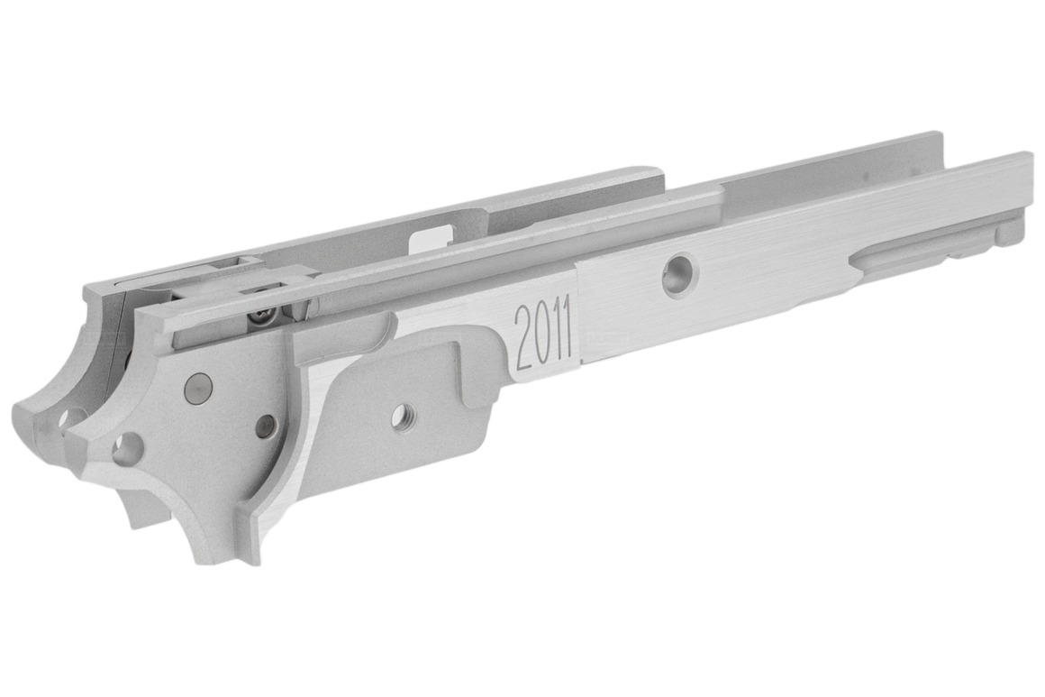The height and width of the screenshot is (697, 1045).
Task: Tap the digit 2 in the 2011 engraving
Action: click(x=522, y=339)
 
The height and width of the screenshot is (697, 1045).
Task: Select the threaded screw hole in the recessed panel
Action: click(x=403, y=417)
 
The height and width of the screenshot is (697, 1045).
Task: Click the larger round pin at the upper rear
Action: click(x=197, y=388)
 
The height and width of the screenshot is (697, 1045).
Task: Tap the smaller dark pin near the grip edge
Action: click(x=266, y=426)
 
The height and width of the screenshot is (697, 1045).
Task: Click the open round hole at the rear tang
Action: click(x=126, y=448)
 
